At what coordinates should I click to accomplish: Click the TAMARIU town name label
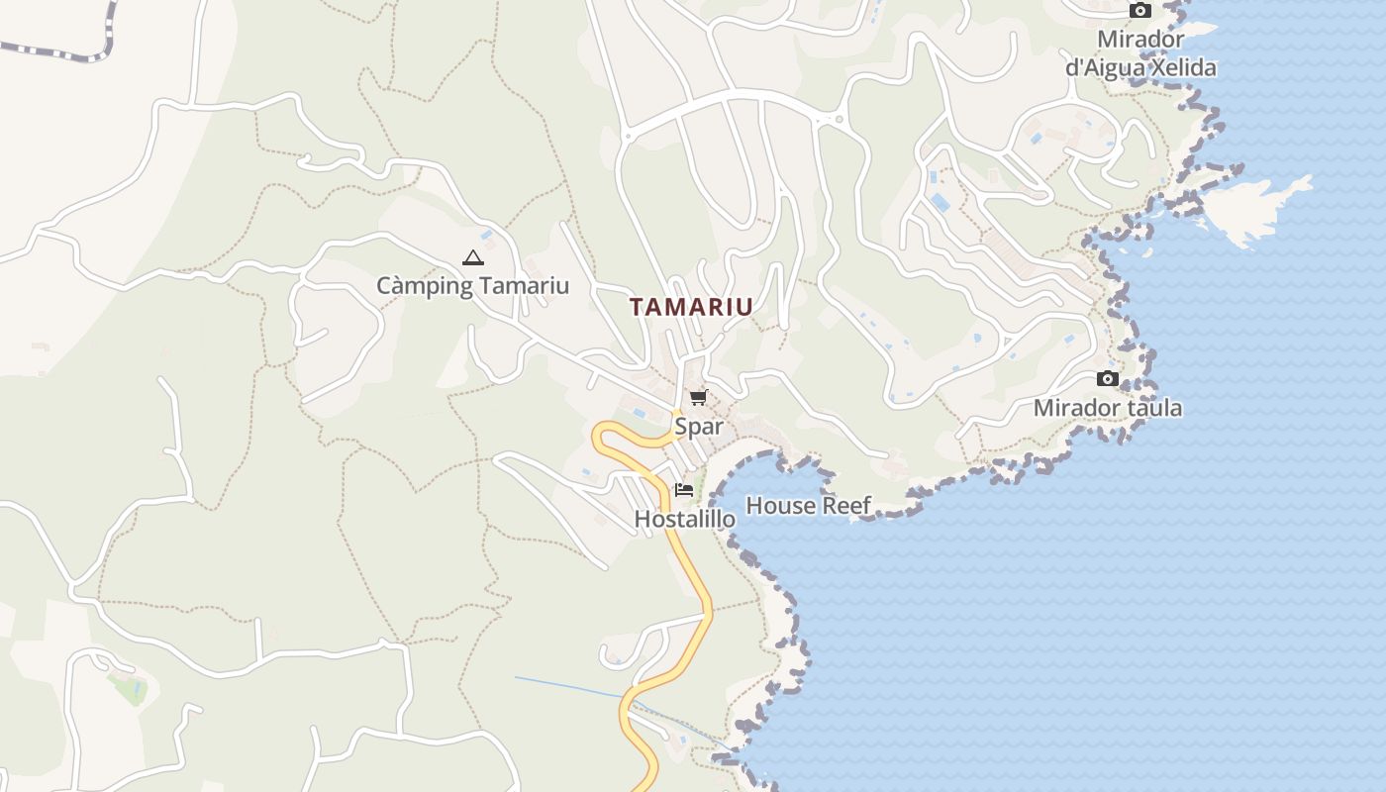pyautogui.click(x=691, y=307)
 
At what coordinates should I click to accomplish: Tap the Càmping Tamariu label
pyautogui.click(x=472, y=286)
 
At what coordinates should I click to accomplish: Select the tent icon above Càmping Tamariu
pyautogui.click(x=472, y=258)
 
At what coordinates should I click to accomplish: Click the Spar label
pyautogui.click(x=698, y=427)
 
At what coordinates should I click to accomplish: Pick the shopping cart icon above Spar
pyautogui.click(x=698, y=398)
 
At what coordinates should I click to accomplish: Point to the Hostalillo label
pyautogui.click(x=684, y=519)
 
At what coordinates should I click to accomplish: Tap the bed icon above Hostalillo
pyautogui.click(x=683, y=489)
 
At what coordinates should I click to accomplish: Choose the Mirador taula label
pyautogui.click(x=1107, y=408)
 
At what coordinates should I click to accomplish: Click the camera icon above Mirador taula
pyautogui.click(x=1108, y=379)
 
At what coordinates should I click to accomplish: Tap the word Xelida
pyautogui.click(x=1178, y=68)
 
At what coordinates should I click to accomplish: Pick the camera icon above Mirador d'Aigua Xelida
pyautogui.click(x=1140, y=11)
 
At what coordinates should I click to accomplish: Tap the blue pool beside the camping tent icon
pyautogui.click(x=487, y=236)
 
